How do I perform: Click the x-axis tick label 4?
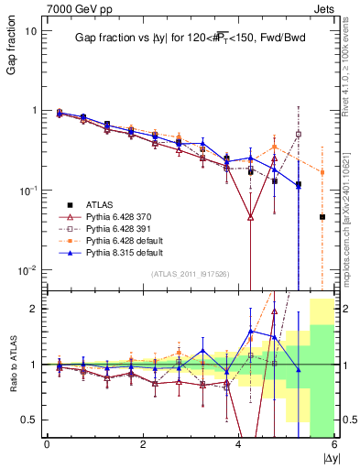pos(239,444)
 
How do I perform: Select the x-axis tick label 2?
pos(143,444)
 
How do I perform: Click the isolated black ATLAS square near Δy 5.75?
pos(322,217)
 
